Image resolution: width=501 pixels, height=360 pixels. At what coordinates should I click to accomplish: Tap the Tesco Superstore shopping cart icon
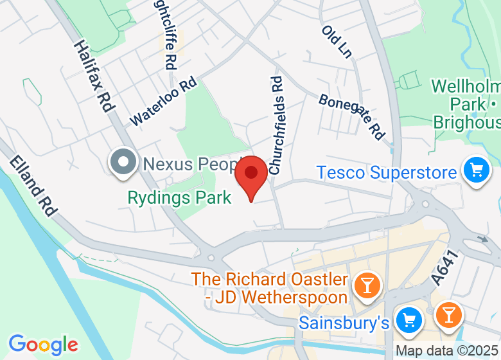pyautogui.click(x=476, y=171)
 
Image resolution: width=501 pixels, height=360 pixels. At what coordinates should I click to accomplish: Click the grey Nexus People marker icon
pyautogui.click(x=123, y=163)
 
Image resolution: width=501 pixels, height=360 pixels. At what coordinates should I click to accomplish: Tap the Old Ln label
pyautogui.click(x=338, y=42)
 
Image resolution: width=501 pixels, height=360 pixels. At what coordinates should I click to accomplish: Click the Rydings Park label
pyautogui.click(x=179, y=197)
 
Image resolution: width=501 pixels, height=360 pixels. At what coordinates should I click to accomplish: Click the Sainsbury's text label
pyautogui.click(x=344, y=322)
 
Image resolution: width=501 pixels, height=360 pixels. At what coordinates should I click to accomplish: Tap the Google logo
pyautogui.click(x=43, y=345)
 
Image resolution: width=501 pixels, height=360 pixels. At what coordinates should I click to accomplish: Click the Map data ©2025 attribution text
pyautogui.click(x=447, y=351)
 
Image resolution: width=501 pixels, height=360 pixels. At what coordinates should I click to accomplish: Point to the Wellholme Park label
pyautogui.click(x=466, y=104)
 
